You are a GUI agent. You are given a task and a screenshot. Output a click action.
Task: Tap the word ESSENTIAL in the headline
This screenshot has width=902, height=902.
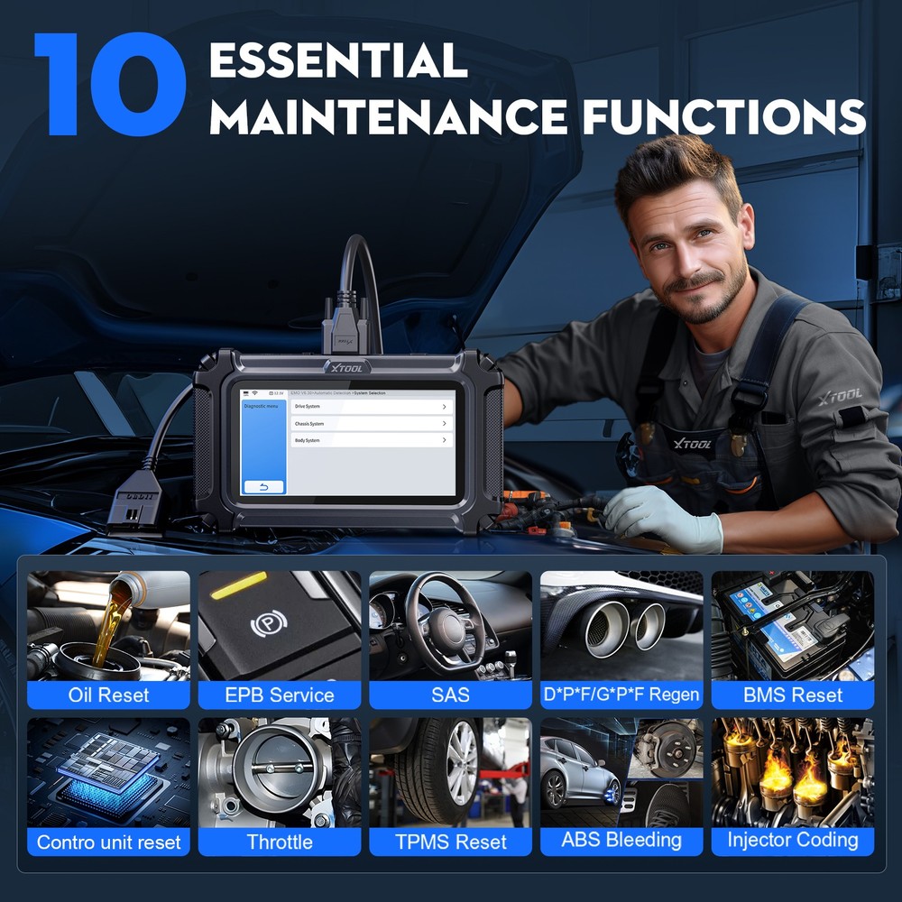[x=338, y=60]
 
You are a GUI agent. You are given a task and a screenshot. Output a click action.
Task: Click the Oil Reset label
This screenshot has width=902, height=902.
[x=108, y=695]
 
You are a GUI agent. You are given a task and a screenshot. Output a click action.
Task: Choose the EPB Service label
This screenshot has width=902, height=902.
[x=280, y=695]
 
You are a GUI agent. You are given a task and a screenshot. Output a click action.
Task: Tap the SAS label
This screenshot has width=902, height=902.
[x=450, y=695]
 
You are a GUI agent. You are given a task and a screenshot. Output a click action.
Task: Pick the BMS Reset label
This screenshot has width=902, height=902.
[x=793, y=695]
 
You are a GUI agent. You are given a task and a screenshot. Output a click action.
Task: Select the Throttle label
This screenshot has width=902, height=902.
[x=280, y=842]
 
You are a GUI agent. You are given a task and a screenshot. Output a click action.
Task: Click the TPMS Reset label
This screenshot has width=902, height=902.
[x=450, y=842]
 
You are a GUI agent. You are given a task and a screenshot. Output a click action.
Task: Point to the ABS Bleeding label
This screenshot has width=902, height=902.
[x=621, y=841]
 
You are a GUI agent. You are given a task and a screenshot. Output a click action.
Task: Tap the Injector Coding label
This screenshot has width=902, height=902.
[x=793, y=841]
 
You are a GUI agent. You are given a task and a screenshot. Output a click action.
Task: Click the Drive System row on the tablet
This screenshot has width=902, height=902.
[x=371, y=407]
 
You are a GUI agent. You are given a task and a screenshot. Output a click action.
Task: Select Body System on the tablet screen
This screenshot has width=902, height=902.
[x=371, y=440]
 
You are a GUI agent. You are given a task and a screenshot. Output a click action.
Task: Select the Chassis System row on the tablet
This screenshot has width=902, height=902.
[x=371, y=423]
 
